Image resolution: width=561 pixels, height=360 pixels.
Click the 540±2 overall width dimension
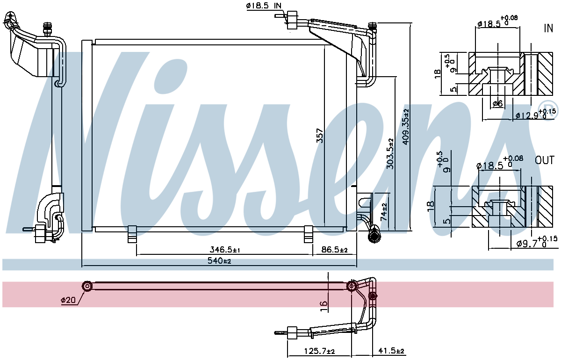tap(219, 261)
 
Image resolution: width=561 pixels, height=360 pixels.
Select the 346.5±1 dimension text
tap(225, 250)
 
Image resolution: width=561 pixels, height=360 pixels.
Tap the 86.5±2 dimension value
tap(334, 250)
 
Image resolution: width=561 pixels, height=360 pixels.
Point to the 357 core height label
tap(320, 136)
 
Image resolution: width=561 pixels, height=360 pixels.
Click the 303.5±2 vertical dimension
tap(390, 153)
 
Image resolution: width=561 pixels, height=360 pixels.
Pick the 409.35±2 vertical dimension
tap(405, 127)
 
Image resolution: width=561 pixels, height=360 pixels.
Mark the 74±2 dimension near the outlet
tap(383, 212)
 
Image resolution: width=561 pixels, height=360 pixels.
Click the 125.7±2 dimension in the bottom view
tap(319, 351)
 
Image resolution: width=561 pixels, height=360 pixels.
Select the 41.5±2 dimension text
tap(391, 351)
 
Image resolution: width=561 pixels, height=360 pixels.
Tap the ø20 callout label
tap(68, 300)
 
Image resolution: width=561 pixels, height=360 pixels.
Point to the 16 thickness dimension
tap(324, 306)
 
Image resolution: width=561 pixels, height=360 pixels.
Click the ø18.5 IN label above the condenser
tap(264, 6)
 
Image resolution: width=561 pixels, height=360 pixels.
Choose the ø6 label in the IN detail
tap(497, 103)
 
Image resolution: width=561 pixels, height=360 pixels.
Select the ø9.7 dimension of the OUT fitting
tap(537, 242)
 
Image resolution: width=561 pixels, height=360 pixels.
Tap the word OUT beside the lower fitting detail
tap(545, 160)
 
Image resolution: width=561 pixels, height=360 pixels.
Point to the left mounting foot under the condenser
tap(132, 234)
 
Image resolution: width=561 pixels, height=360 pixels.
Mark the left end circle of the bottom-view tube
tap(87, 286)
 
